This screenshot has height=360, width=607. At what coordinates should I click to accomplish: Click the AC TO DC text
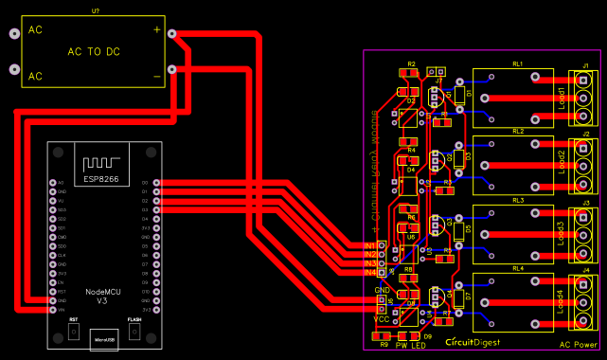(93, 52)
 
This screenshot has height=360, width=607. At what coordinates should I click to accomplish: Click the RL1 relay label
(518, 63)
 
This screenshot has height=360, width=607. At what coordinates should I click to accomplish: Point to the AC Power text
(578, 345)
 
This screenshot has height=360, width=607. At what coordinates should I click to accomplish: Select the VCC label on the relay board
(382, 319)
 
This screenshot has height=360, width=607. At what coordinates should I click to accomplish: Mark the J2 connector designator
(585, 134)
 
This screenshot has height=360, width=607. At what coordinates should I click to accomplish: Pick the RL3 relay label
(518, 201)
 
